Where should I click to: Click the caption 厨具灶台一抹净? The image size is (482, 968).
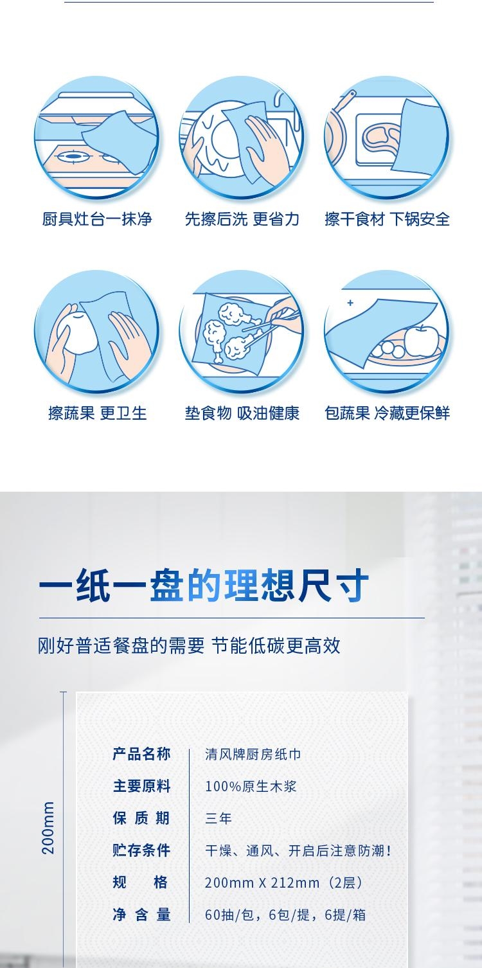tap(97, 219)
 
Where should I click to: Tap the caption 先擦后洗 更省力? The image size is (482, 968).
tap(242, 219)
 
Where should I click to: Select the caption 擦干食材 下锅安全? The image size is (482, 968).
tap(387, 219)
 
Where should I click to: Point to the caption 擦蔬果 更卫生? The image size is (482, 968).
tap(97, 413)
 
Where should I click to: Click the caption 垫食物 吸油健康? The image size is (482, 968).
tap(242, 413)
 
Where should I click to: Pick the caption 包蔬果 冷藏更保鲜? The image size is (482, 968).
tap(387, 413)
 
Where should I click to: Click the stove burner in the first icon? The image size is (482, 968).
tap(73, 156)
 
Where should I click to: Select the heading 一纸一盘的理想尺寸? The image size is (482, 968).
tap(204, 586)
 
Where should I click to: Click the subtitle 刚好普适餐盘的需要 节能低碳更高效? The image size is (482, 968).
tap(189, 645)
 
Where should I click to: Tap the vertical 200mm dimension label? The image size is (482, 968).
tap(48, 827)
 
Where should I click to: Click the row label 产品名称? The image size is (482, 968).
tap(141, 754)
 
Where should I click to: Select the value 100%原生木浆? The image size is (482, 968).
tap(251, 786)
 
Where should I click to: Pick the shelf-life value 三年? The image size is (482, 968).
tap(219, 818)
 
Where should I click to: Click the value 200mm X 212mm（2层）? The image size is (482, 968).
tap(284, 882)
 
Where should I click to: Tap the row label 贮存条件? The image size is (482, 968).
tap(141, 850)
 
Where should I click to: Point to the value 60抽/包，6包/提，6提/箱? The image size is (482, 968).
tap(285, 914)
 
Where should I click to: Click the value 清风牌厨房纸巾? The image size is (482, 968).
tap(253, 754)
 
